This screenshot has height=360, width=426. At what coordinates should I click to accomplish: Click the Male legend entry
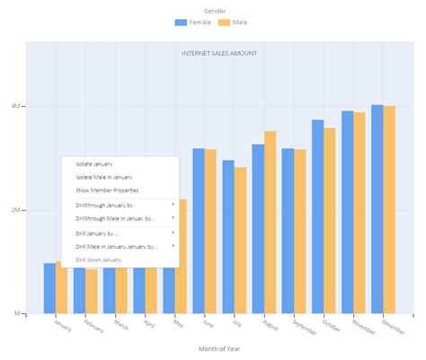(x=232, y=22)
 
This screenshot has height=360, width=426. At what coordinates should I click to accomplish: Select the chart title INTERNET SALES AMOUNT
(x=219, y=54)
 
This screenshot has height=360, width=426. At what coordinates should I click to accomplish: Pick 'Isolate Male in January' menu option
(x=104, y=178)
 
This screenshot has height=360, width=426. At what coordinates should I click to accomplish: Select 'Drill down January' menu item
(x=99, y=259)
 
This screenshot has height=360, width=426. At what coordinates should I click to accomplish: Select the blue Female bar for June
(x=198, y=231)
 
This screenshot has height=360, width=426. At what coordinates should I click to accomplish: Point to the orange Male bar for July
(x=240, y=240)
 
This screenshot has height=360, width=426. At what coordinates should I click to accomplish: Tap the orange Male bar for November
(x=359, y=213)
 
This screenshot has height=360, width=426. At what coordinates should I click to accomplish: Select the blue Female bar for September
(x=288, y=231)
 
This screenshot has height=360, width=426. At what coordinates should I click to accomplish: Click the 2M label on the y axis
(x=16, y=210)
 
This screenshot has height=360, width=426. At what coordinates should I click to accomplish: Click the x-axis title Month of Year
(x=219, y=349)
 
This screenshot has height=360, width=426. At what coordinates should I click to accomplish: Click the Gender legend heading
(x=214, y=10)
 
